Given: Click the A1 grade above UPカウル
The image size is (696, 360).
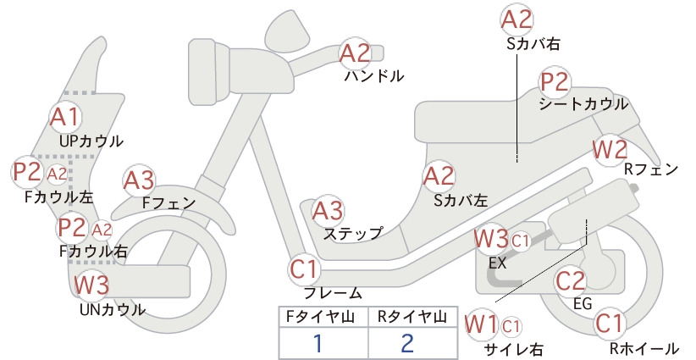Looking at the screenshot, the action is click(65, 117).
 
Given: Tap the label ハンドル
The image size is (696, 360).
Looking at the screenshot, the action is click(374, 76).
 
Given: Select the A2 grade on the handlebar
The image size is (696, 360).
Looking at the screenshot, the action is click(355, 53).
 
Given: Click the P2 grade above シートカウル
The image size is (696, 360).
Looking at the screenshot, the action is click(555, 82).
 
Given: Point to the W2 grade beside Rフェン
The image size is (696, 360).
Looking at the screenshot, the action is click(610, 150).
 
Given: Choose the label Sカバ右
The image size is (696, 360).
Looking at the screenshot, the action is click(533, 43).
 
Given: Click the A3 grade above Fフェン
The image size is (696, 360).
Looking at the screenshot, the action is click(139, 180).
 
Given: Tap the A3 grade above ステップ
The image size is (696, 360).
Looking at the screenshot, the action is click(328, 211).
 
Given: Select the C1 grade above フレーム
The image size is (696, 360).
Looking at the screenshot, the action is click(305, 269).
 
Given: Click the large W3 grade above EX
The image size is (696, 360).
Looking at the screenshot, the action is click(491, 239).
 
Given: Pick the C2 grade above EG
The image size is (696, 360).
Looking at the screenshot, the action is click(571, 280).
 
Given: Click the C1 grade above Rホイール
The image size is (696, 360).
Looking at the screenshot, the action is click(610, 324).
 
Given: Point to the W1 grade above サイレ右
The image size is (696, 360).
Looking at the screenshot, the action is click(481, 324).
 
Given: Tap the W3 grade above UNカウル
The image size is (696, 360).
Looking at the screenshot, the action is click(91, 285).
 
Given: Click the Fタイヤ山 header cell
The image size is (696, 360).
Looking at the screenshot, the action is click(323, 317).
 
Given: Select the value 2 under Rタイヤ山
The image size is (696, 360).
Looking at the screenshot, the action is click(407, 343).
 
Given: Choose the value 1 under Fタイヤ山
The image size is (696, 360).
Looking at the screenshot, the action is click(318, 343).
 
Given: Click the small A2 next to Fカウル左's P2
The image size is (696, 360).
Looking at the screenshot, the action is click(57, 174).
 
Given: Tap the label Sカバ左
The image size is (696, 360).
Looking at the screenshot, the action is click(461, 201).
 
